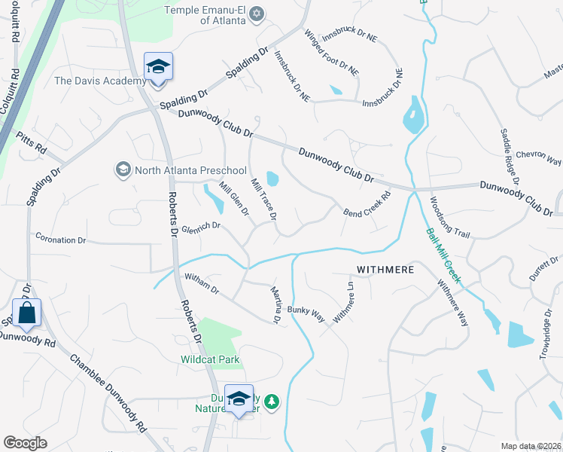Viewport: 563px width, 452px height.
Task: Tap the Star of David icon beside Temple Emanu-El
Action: [257, 14]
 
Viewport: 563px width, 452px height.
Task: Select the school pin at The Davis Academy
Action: [159, 69]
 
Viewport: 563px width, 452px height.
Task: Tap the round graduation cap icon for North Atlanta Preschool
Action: [122, 169]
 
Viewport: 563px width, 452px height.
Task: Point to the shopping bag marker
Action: [26, 313]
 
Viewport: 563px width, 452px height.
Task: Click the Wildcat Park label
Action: [210, 359]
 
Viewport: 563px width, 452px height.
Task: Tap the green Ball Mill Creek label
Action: [443, 256]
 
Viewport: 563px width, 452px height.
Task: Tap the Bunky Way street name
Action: [309, 310]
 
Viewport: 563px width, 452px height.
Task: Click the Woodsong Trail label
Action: [449, 218]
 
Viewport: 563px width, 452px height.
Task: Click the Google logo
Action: [25, 443]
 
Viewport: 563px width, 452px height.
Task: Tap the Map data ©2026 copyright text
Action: [531, 446]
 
